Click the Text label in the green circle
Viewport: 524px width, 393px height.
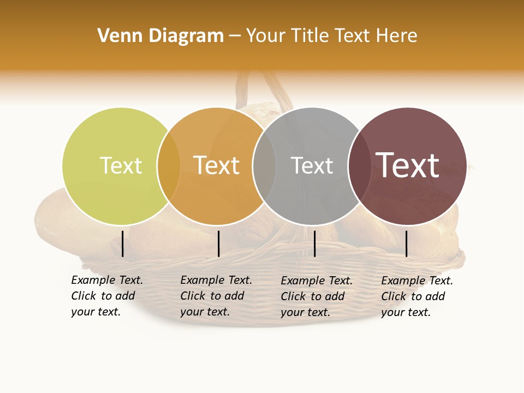121,165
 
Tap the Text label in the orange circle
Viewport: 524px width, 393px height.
216,165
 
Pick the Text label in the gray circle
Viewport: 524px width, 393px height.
312,165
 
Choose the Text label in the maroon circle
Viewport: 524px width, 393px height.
407,165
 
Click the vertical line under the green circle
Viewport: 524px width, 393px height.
122,243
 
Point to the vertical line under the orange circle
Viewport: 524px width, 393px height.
218,243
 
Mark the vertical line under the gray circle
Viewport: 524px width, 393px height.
314,243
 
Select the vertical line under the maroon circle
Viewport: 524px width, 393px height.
406,243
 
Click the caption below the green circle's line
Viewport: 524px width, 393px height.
106,296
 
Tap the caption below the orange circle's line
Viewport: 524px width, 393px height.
216,296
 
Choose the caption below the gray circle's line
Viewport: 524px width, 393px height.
316,296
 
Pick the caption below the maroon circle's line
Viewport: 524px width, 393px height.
416,296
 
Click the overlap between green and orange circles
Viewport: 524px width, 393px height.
169,166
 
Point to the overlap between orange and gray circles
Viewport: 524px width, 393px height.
264,166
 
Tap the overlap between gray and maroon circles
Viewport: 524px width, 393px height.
360,166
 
